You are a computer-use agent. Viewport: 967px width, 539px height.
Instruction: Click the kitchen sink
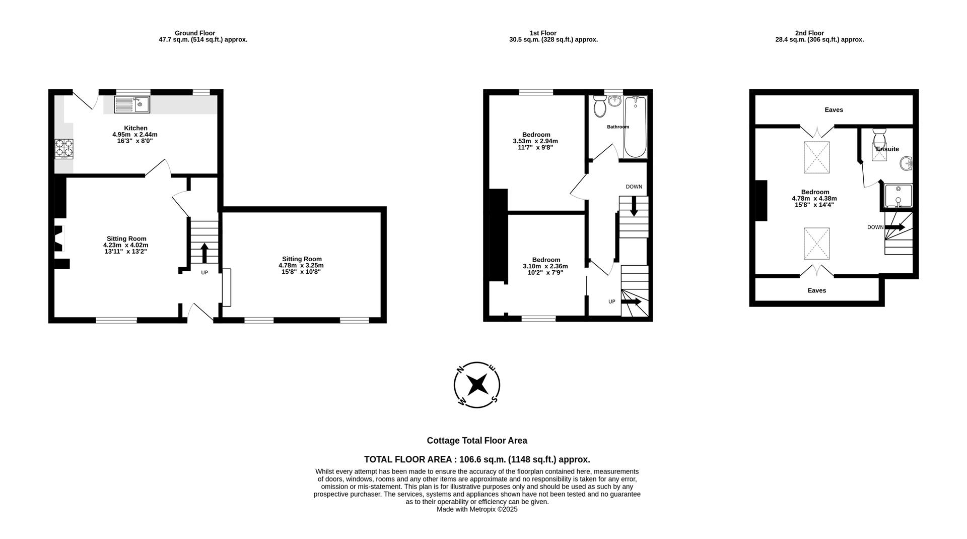pos(132,104)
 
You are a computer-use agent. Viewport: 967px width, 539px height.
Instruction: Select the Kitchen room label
pos(135,128)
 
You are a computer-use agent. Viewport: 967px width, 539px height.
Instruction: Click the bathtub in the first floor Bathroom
pos(635,128)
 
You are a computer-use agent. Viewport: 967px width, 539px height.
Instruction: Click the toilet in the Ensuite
pos(879,137)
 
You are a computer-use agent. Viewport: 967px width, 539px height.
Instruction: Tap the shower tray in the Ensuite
pos(899,196)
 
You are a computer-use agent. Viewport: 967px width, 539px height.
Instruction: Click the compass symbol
pos(476,385)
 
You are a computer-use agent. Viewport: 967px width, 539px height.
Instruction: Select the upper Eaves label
pos(834,110)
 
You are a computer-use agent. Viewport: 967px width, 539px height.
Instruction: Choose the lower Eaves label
pos(816,290)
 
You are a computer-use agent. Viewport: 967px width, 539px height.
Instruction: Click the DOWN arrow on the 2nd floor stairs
pos(895,227)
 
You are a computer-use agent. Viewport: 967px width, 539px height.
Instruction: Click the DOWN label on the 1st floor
pos(634,187)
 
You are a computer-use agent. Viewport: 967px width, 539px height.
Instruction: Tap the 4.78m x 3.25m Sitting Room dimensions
pos(301,265)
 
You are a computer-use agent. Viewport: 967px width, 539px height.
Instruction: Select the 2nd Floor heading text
pos(809,33)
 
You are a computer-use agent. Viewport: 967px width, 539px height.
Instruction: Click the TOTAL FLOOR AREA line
pos(476,459)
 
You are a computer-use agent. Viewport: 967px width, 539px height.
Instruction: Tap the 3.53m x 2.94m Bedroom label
pos(535,141)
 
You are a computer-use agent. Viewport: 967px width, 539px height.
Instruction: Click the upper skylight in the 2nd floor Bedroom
pos(816,157)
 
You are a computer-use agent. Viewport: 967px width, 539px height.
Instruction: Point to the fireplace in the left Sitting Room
pos(59,238)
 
